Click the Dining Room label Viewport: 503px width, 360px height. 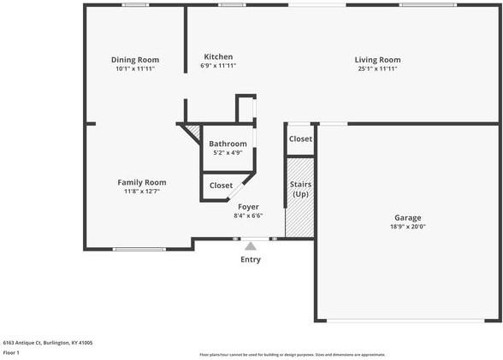click(135, 59)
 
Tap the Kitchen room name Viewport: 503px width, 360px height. click(218, 56)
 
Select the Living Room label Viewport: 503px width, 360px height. click(377, 59)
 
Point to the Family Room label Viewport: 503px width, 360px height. click(142, 181)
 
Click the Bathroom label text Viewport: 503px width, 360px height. click(228, 144)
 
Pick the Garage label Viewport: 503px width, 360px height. click(407, 217)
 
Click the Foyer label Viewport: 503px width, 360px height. click(248, 206)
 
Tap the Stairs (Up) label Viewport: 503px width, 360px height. click(300, 189)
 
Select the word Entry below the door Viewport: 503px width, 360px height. click(251, 259)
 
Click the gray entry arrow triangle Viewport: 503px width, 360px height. click(251, 246)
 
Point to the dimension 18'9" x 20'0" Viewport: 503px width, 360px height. click(407, 227)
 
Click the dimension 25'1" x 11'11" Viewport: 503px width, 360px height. click(377, 68)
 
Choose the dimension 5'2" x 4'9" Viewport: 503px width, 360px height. click(228, 152)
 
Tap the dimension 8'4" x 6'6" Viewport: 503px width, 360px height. click(247, 215)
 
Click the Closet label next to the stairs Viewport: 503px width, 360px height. click(300, 139)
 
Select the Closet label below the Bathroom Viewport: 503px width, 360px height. click(221, 185)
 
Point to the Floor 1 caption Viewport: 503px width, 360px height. click(11, 352)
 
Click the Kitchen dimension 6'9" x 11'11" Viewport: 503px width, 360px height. click(218, 65)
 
